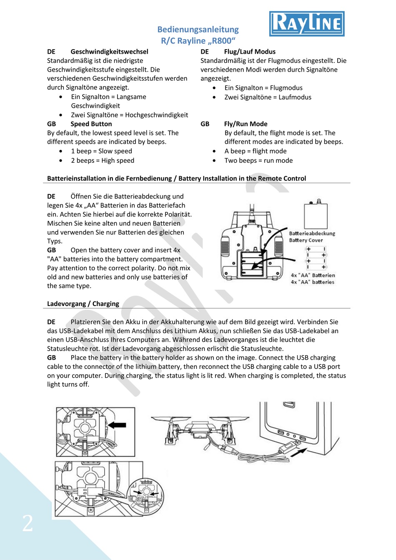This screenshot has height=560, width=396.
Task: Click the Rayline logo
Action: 307,24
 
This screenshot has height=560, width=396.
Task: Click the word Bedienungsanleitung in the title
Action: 198,30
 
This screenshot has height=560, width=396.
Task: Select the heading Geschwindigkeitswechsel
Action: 109,52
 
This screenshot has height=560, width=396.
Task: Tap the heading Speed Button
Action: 91,124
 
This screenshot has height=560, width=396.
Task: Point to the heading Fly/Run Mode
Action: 246,124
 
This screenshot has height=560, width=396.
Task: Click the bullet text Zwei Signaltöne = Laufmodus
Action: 268,97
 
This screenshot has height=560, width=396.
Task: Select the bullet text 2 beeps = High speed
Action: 103,160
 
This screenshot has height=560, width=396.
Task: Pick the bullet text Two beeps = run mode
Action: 258,160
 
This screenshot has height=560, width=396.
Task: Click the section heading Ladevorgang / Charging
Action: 83,304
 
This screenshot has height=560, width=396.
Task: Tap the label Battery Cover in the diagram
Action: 306,240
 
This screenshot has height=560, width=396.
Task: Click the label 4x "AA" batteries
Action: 312,282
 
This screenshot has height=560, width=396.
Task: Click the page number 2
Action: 28,523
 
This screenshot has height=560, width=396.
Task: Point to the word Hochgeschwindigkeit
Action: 156,115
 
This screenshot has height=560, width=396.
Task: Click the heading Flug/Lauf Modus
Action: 250,52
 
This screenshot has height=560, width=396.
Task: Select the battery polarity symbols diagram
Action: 316,258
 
